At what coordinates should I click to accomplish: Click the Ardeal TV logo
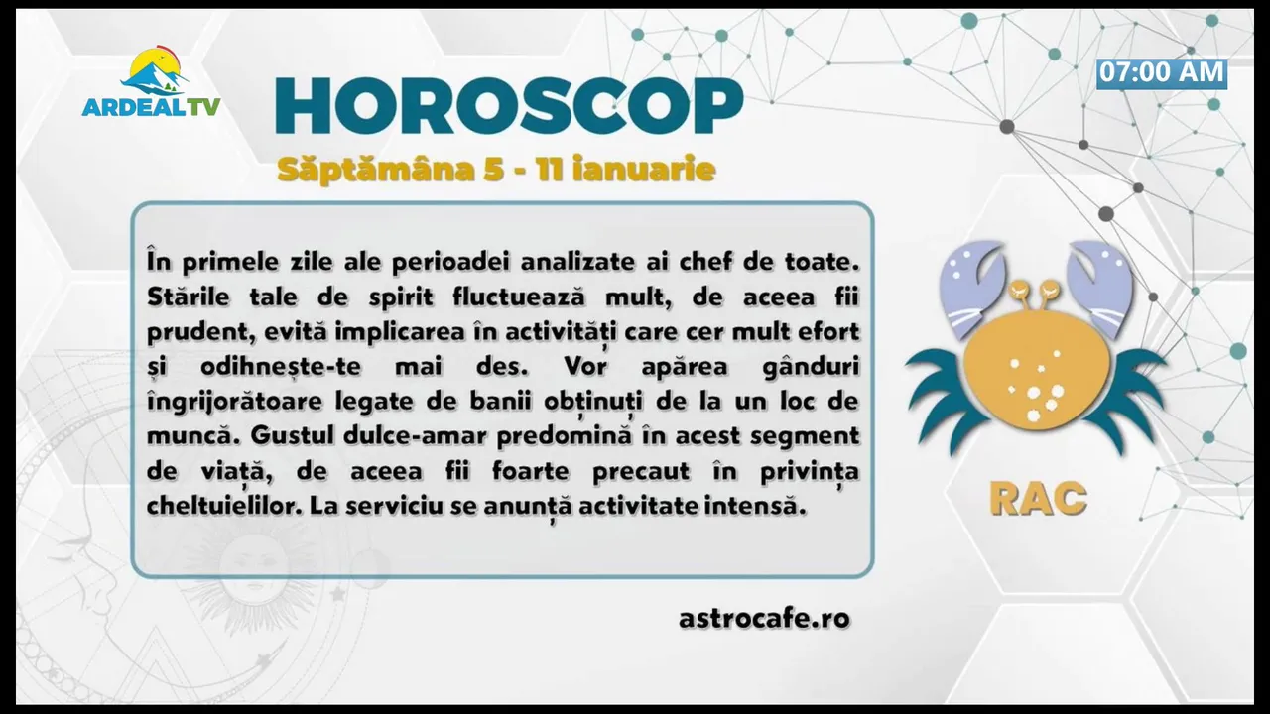coord(152,82)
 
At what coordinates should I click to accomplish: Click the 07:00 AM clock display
coord(1162,73)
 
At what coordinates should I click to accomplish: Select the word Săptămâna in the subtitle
coord(375,169)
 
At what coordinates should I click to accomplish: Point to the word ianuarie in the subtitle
coord(644,169)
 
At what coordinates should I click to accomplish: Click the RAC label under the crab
coord(1038,499)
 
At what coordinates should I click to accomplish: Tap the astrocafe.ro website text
coord(764,618)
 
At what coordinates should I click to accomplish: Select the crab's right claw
coord(1100,288)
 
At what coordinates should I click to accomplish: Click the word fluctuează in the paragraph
coord(518,297)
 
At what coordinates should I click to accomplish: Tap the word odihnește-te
coord(281,367)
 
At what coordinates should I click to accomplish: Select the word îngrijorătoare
coord(235,403)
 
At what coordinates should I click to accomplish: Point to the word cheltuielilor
coord(223,506)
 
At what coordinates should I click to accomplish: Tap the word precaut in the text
coord(641,472)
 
